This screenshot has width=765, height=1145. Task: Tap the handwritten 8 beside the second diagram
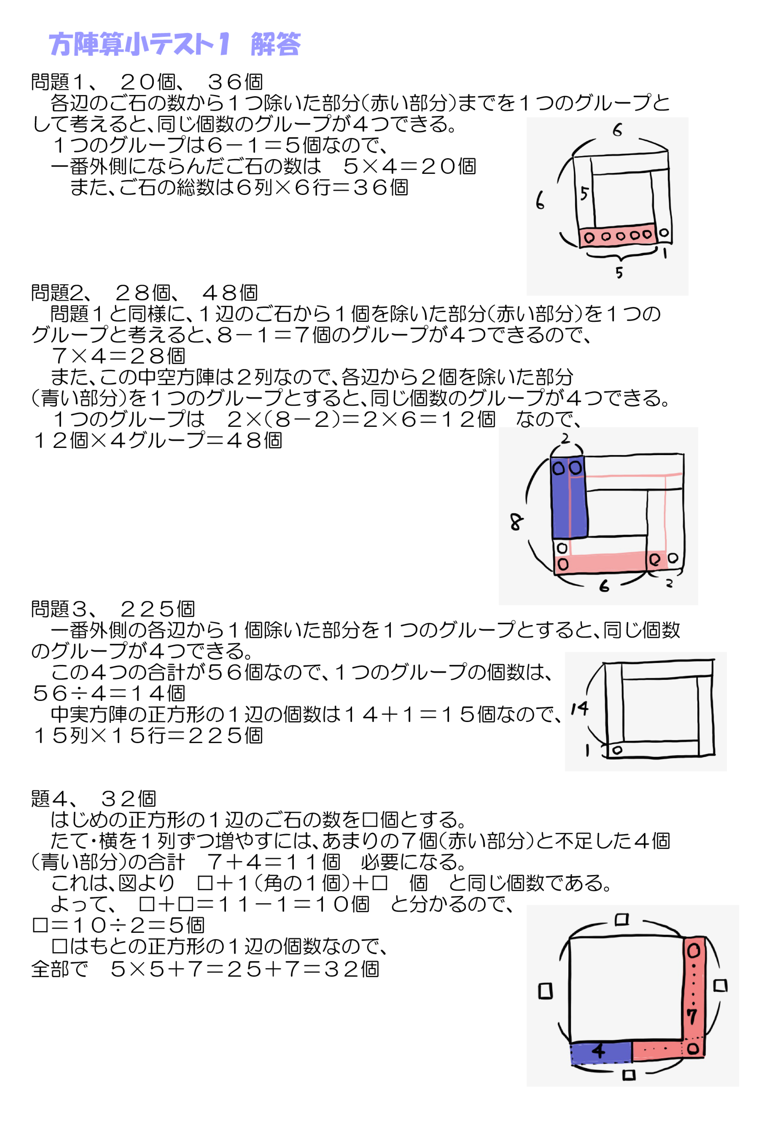(x=516, y=522)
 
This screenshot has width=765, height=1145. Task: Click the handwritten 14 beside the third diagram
(x=580, y=708)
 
